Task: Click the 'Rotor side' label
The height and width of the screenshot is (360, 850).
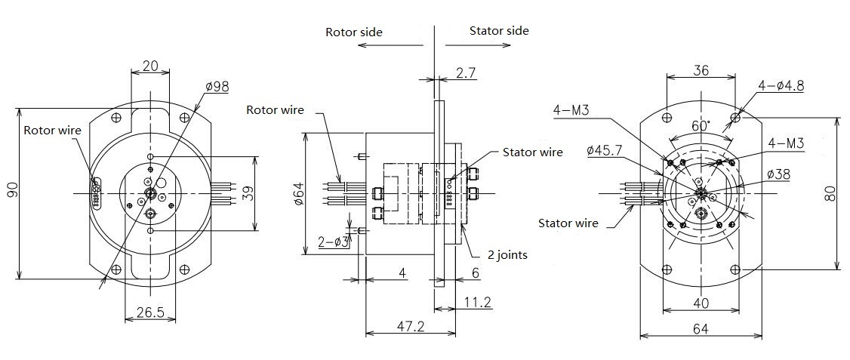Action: [353, 32]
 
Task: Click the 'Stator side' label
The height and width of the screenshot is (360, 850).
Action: [499, 31]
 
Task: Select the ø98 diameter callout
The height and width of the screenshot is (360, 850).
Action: [217, 87]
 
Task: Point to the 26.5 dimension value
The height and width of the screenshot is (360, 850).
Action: [149, 312]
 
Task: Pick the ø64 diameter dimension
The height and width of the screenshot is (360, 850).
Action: [297, 194]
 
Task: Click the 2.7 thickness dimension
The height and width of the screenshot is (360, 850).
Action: [466, 72]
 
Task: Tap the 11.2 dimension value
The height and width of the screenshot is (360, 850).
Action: [478, 302]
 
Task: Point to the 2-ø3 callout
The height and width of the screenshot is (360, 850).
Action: [333, 242]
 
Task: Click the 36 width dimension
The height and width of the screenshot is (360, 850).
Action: [701, 70]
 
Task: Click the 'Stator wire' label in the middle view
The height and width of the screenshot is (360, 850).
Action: [532, 152]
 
